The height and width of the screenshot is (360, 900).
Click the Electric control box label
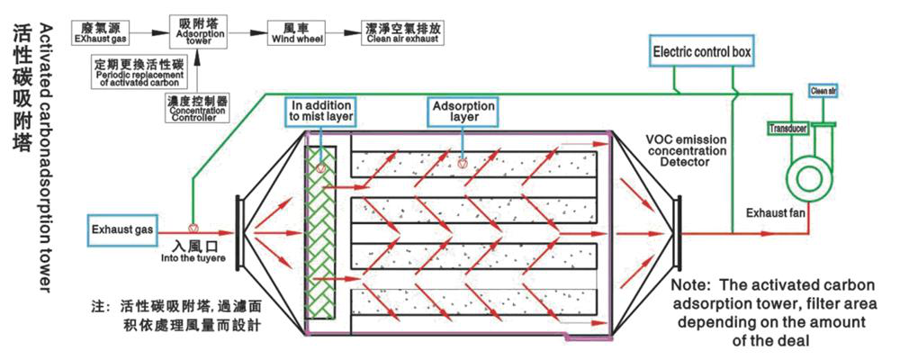coord(702,52)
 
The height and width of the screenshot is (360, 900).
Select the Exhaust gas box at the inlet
coord(121,230)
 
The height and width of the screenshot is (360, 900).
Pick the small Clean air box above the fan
coord(823,90)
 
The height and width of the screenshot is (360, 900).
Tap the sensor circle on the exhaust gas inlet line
coord(193,228)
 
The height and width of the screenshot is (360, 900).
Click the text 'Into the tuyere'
coord(193,257)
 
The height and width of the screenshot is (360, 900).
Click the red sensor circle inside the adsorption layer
coord(463,164)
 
